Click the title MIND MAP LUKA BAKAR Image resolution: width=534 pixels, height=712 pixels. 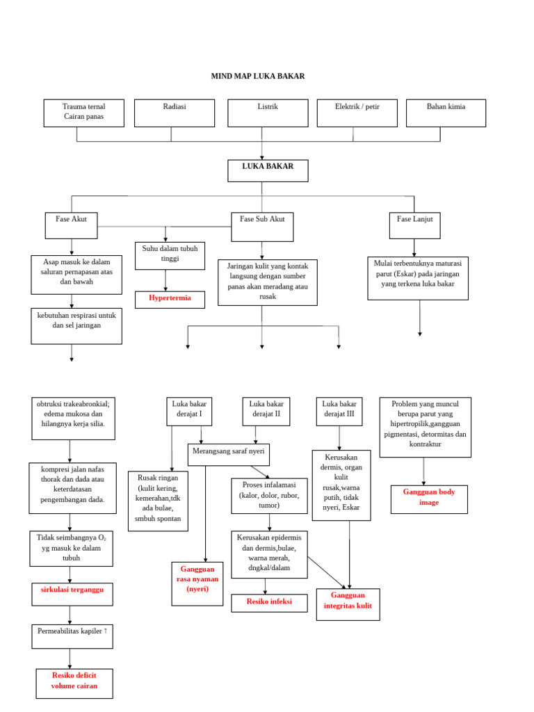[x=258, y=76]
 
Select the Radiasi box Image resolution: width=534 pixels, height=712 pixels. [x=175, y=113]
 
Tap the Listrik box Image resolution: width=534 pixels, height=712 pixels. [x=268, y=113]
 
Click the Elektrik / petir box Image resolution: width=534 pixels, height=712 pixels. [x=357, y=113]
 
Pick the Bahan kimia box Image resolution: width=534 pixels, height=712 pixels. [x=446, y=113]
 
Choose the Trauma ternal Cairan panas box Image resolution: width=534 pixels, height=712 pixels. [x=83, y=113]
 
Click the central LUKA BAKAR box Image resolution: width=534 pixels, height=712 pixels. [x=268, y=170]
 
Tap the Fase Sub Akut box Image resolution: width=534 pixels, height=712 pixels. [x=262, y=227]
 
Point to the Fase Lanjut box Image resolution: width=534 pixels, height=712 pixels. [x=414, y=225]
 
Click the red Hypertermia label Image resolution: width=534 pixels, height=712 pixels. [x=170, y=300]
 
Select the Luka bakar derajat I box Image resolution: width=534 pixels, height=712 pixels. [x=189, y=411]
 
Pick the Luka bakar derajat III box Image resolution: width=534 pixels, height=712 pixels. [x=339, y=411]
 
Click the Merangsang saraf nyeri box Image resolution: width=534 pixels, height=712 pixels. [x=229, y=455]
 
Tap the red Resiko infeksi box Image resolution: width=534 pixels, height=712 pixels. [x=269, y=603]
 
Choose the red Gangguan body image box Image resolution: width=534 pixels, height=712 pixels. [x=429, y=499]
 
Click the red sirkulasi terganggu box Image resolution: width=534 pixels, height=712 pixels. [x=72, y=594]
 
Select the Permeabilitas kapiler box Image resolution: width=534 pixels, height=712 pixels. [x=72, y=636]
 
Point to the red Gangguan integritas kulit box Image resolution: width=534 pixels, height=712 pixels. [x=348, y=604]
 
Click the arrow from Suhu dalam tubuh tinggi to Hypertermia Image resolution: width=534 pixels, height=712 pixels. [x=165, y=280]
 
